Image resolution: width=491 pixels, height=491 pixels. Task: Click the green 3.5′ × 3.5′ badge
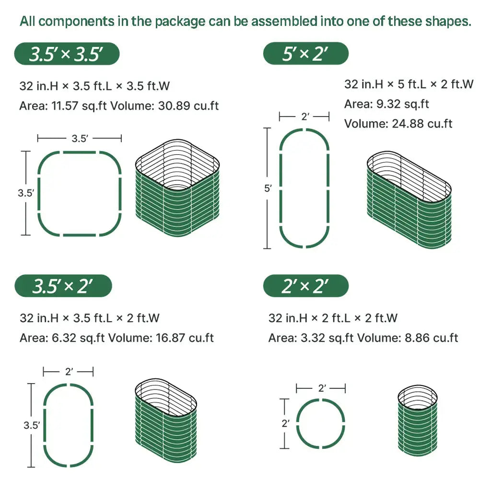coord(67,54)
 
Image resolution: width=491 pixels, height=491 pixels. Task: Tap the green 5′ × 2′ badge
coord(305,54)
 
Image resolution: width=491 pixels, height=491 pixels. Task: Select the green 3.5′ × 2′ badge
coord(63,286)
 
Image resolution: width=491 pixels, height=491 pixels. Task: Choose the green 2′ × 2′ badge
coord(305,286)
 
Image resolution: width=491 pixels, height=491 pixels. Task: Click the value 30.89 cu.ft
coord(188,106)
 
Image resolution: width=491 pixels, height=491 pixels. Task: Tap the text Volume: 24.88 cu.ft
coord(398,124)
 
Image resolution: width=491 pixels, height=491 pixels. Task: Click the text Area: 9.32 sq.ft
coord(387,104)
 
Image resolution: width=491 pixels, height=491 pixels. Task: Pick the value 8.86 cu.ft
coord(431,338)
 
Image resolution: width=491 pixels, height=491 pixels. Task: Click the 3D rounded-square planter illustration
coord(177,188)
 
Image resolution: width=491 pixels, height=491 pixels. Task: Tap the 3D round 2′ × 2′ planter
coord(418,421)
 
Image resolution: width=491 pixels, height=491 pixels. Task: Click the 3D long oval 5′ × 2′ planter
coord(409,200)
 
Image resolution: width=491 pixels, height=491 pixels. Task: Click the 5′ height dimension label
coord(268,188)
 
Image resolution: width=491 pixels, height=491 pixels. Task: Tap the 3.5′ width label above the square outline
coord(80,139)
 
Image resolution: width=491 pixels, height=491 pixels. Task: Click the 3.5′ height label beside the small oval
coord(32,425)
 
